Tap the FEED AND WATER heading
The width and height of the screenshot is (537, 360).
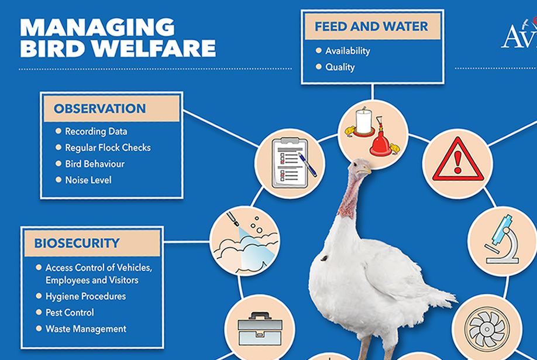point(371,26)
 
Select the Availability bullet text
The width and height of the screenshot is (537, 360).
point(347,51)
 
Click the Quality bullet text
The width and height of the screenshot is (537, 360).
point(340,67)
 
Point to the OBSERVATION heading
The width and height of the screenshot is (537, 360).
point(99,109)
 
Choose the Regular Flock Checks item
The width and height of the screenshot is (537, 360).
point(108,148)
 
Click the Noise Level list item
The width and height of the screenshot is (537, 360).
point(88,180)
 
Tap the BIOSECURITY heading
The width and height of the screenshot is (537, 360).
point(77,243)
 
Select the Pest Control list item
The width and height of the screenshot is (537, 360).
point(70,313)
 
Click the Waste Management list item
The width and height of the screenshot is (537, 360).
point(86,329)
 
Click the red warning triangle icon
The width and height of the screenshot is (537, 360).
point(458,159)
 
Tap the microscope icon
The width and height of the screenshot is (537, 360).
point(502,239)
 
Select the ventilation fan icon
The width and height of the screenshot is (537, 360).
point(487,329)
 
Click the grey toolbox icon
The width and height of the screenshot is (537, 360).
point(260,328)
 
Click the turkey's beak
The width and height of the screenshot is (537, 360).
point(366,169)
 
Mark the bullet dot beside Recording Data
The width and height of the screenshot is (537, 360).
point(58,131)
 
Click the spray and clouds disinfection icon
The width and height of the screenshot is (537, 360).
point(245,241)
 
